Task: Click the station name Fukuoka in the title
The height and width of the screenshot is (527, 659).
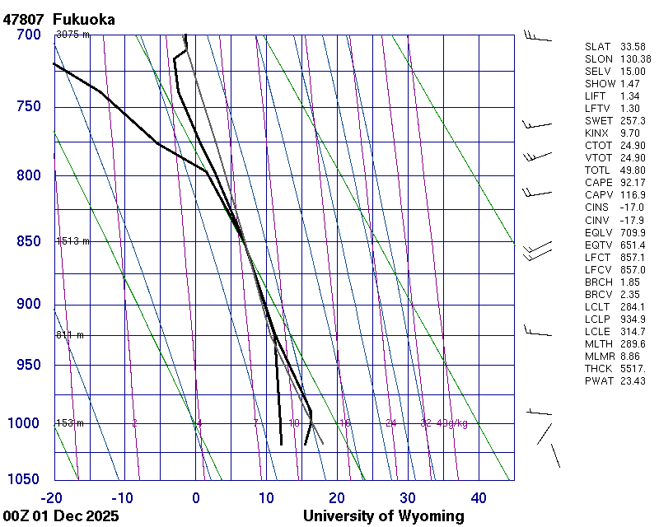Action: click(83, 19)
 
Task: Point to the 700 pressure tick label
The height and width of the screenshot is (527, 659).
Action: click(29, 35)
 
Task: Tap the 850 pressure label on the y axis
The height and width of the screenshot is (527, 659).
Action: click(29, 241)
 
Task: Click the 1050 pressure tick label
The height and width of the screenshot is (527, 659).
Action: click(25, 479)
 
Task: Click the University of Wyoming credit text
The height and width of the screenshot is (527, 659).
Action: click(383, 516)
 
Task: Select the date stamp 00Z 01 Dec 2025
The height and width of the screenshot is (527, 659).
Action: click(60, 516)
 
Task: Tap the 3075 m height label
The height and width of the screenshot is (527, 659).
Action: click(72, 35)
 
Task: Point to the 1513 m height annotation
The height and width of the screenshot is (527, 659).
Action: click(72, 241)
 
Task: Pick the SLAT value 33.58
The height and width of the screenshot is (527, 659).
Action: click(633, 47)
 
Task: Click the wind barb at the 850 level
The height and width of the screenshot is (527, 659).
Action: click(537, 249)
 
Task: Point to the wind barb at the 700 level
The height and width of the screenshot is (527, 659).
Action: click(537, 35)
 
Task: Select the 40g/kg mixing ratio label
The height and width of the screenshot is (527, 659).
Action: click(452, 423)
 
